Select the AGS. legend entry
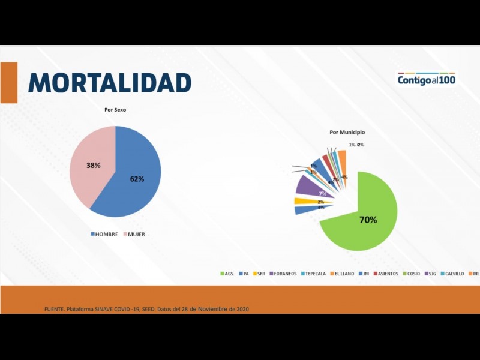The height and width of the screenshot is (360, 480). click(226, 274)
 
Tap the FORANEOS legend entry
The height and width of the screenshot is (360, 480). click(284, 274)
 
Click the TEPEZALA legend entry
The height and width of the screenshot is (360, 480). click(313, 274)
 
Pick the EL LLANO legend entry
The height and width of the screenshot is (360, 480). click(343, 274)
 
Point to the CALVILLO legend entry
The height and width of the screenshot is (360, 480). click(454, 274)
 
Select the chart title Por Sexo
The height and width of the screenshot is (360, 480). click(115, 110)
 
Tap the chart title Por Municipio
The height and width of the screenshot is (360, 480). click(347, 132)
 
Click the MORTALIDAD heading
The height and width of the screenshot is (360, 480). click(109, 83)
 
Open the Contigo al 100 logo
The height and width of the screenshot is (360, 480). click(426, 79)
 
